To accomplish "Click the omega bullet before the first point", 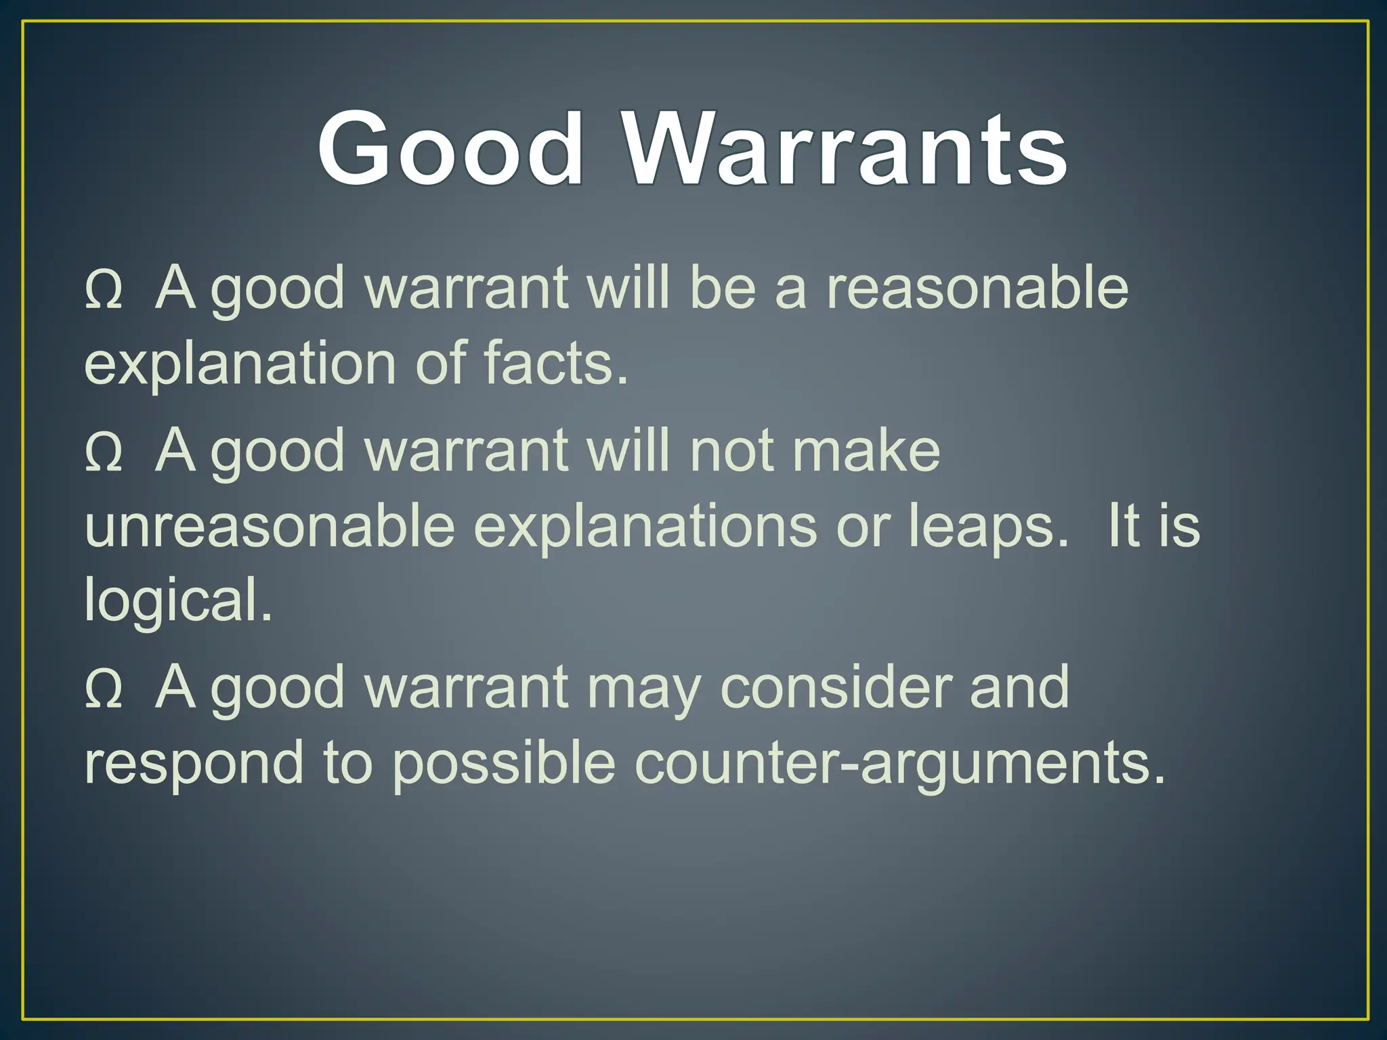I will pos(104,291).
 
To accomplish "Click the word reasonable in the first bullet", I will pos(977,288).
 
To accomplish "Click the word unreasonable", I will pos(270,527).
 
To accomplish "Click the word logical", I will pos(178,601).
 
